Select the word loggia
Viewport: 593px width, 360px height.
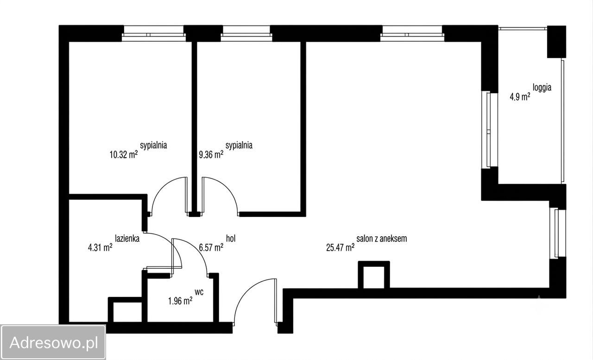[x=542, y=88]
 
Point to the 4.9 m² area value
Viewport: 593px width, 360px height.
[x=520, y=97]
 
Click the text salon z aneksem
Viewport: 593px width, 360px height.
[x=381, y=239]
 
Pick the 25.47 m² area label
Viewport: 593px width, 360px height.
[x=340, y=247]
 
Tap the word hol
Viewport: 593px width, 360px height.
[x=231, y=238]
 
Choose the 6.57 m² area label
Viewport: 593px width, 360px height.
[x=211, y=247]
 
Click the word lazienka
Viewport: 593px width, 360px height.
[x=127, y=239]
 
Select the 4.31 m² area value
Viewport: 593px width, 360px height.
[x=100, y=247]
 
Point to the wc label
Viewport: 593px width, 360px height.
[x=199, y=292]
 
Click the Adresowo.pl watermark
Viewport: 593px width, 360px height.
[x=53, y=342]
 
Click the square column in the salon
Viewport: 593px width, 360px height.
[x=374, y=275]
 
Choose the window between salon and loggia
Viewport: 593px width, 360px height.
[x=490, y=129]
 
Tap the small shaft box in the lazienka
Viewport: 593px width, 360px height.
[x=125, y=309]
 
